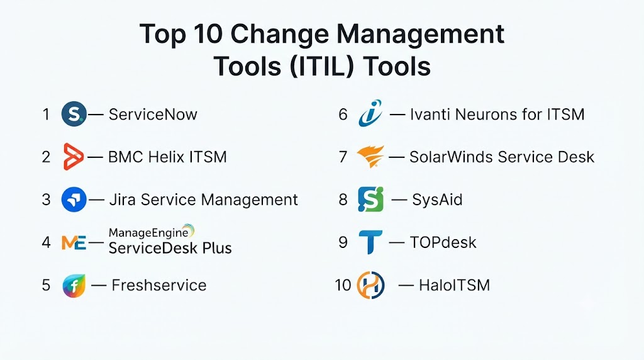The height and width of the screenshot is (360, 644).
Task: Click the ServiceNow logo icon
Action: [x=74, y=114]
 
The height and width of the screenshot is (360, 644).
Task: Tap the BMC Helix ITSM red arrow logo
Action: [x=74, y=157]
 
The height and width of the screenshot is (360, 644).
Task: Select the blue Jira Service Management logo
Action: [x=74, y=200]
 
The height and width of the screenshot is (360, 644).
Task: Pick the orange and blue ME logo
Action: [x=74, y=242]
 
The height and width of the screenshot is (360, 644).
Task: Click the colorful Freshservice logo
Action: [x=74, y=285]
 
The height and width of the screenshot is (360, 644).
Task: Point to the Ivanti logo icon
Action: [x=370, y=113]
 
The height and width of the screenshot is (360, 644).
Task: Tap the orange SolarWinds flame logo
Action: [x=370, y=156]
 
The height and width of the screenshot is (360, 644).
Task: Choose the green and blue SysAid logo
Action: [x=370, y=200]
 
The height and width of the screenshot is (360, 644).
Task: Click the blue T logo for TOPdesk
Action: [x=370, y=242]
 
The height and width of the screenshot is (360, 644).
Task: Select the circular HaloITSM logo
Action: [x=370, y=285]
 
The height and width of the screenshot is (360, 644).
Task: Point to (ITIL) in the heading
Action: [x=321, y=65]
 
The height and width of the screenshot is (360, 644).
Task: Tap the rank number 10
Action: [x=343, y=285]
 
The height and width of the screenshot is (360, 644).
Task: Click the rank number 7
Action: [x=343, y=157]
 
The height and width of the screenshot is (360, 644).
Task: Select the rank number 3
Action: [x=46, y=200]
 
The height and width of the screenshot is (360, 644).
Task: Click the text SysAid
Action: [x=437, y=200]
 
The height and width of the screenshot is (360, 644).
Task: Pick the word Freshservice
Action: [x=159, y=285]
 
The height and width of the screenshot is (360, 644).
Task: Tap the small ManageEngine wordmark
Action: [x=148, y=233]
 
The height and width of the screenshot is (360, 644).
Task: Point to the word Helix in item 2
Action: [x=166, y=157]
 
